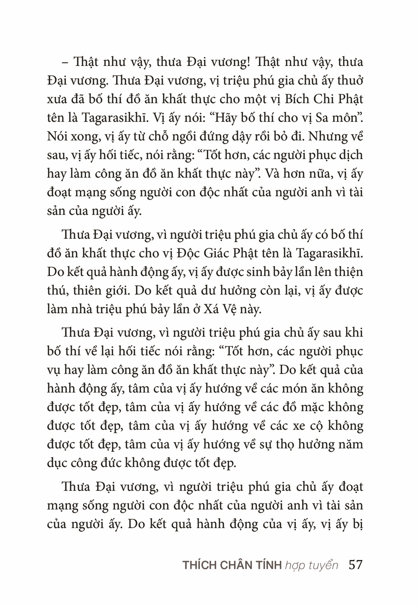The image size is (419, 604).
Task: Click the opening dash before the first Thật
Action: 66,62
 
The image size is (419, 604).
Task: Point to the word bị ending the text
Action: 357,525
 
